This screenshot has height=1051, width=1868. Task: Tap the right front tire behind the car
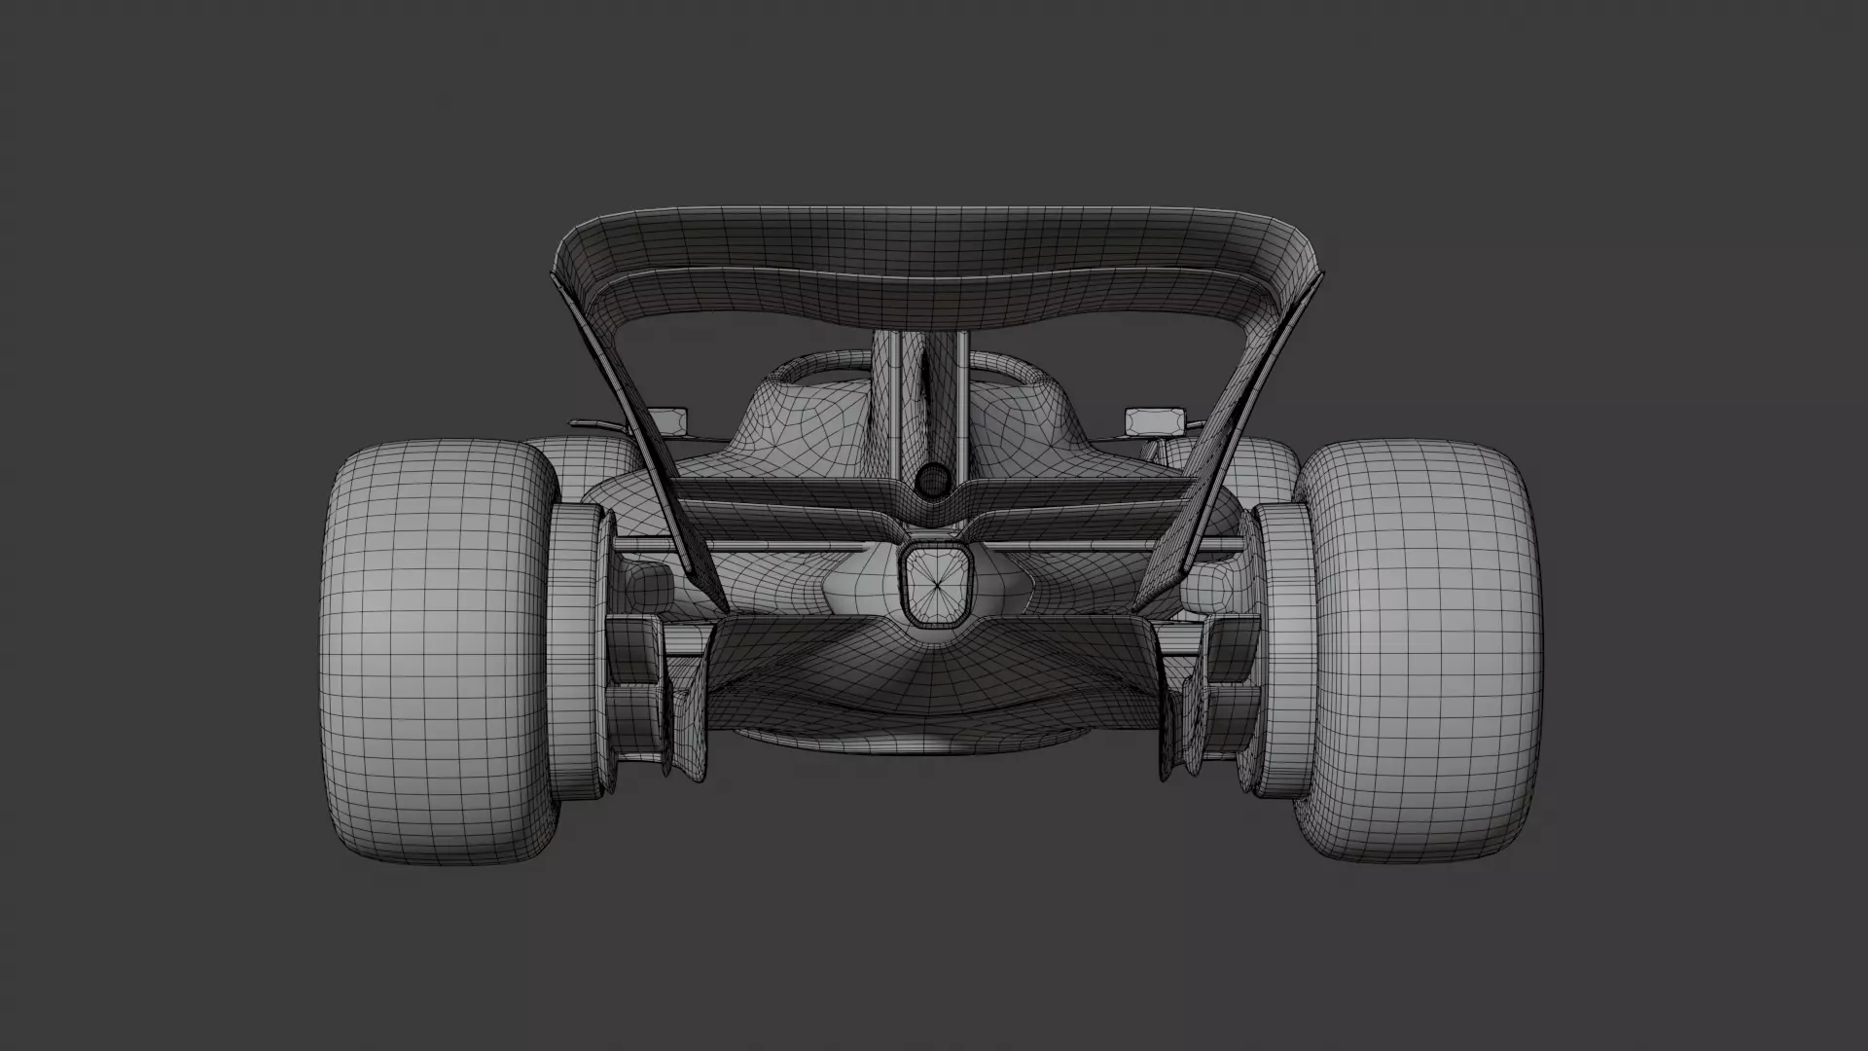[x=1265, y=462]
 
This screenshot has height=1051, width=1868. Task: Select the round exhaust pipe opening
[x=933, y=479]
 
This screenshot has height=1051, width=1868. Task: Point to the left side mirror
[x=670, y=419]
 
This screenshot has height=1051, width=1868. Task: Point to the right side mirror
[x=1154, y=419]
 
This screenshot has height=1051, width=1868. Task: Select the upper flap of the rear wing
[x=934, y=243]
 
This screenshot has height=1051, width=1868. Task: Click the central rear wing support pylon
[x=932, y=399]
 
